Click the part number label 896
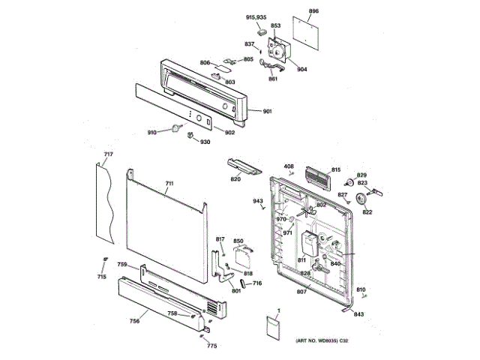click(x=313, y=11)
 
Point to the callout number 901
click(x=267, y=112)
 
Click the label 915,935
click(x=256, y=16)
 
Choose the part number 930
click(x=205, y=142)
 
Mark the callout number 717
click(x=108, y=155)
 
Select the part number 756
click(x=134, y=321)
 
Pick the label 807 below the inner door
click(x=301, y=291)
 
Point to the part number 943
click(x=258, y=201)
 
